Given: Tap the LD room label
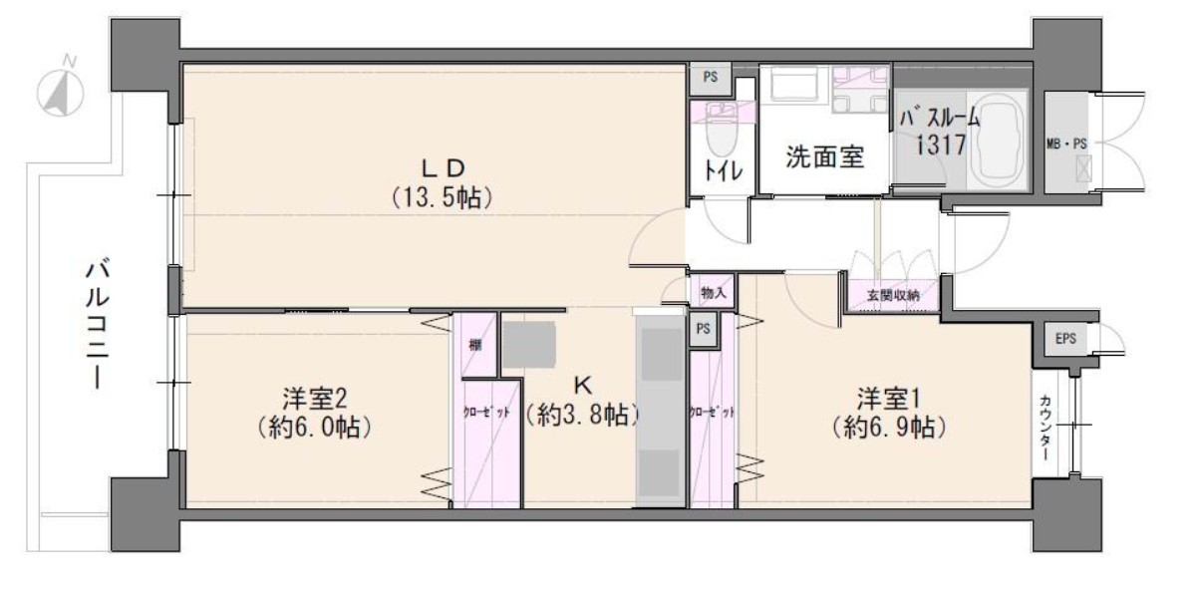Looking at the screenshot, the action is [444, 169].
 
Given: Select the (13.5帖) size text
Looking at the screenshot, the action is [443, 198].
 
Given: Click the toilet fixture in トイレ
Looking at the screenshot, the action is [723, 131].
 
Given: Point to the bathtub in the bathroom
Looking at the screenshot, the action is [997, 141].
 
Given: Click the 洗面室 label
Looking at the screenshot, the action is [825, 156].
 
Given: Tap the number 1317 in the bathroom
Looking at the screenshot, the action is [941, 145].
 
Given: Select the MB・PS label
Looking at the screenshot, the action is [1067, 145].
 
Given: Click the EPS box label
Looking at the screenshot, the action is [1065, 339].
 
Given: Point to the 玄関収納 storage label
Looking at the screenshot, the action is [893, 295].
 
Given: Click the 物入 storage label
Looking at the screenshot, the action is [713, 293].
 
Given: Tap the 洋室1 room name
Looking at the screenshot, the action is [889, 399].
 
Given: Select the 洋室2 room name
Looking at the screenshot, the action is [315, 399].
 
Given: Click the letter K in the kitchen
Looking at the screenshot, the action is [582, 385].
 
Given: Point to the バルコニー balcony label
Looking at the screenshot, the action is [97, 325].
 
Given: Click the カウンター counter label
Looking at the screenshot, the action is [1046, 429].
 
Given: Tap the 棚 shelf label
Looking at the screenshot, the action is [475, 346].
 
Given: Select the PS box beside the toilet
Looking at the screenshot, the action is [711, 77].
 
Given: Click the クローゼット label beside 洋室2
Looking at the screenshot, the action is [486, 413].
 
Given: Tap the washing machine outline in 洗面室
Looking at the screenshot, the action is [794, 85].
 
